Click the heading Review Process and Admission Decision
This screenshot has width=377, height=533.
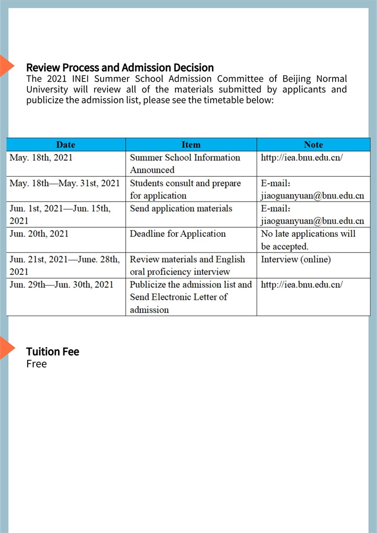tap(120, 67)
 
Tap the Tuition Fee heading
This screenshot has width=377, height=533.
tap(52, 352)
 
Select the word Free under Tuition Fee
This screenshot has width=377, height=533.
tap(36, 364)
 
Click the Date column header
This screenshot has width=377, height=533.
tap(65, 145)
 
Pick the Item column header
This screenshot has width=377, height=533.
tap(191, 145)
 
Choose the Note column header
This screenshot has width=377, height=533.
tap(313, 145)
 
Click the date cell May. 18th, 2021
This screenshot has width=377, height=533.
tap(41, 158)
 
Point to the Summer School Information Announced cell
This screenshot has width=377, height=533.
tap(185, 163)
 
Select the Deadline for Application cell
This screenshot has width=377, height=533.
tap(178, 234)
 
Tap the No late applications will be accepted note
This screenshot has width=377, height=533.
tap(308, 240)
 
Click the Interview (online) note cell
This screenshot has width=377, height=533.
tap(296, 259)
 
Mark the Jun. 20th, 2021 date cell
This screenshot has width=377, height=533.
tap(39, 234)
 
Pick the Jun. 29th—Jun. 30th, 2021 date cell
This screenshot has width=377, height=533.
tap(61, 285)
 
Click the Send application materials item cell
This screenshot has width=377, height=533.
tap(181, 209)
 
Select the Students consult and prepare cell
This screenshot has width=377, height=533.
tap(185, 189)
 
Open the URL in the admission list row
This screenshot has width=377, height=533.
tap(302, 285)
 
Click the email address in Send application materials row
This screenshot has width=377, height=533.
tap(312, 221)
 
